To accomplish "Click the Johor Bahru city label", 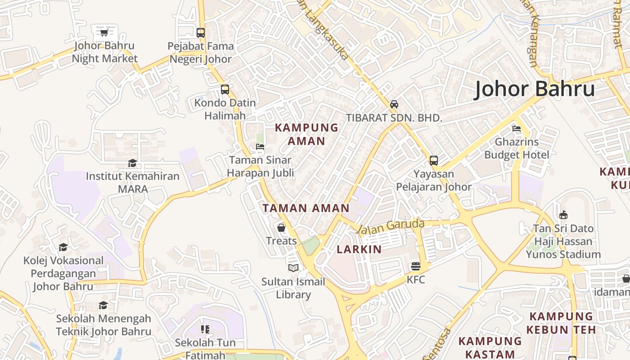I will point(535,89).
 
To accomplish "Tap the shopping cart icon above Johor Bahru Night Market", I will point(104,32).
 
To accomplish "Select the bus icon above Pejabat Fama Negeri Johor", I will point(201,32).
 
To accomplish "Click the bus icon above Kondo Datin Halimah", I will point(225,89).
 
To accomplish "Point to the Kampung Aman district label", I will point(306,134).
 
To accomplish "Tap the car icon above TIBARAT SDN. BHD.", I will point(394,104).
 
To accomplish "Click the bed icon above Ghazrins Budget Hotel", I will point(517,129).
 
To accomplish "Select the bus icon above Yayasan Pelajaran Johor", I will point(434,160).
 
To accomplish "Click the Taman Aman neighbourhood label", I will point(306,208).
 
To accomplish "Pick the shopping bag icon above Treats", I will point(281,228).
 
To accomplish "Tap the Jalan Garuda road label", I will point(391,226).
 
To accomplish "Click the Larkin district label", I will point(359,249).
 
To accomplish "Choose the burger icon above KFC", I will point(416,266).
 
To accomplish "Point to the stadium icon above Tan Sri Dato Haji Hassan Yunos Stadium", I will point(563,215).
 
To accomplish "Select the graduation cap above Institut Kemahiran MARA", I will point(132,163).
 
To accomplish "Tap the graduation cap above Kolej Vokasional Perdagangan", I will point(63,247).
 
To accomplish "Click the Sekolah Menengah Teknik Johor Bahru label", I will point(103,325).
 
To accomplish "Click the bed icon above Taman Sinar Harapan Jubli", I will point(260,146).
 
